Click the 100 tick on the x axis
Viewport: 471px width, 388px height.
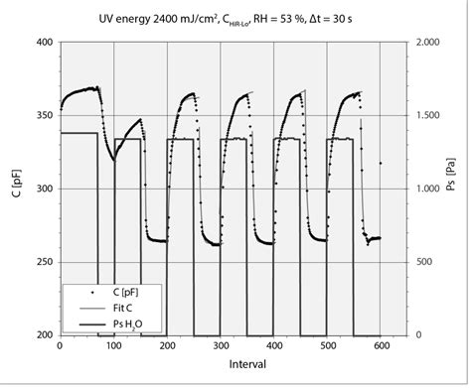click(114, 347)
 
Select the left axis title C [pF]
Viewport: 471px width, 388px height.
click(14, 189)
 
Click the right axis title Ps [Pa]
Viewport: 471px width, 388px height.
click(459, 189)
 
